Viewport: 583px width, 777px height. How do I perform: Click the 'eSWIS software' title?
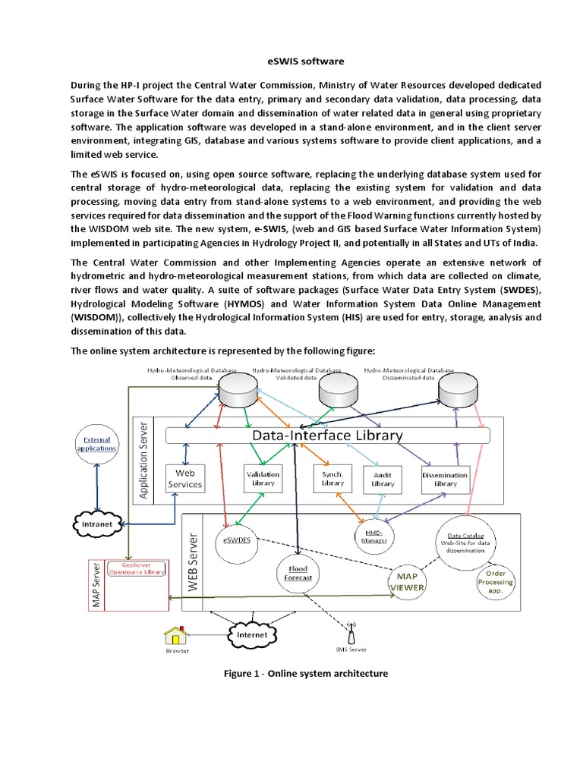[x=305, y=61]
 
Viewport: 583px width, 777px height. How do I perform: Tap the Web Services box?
[x=185, y=479]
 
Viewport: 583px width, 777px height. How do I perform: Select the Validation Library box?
[x=263, y=479]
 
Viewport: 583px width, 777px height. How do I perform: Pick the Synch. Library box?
[x=332, y=479]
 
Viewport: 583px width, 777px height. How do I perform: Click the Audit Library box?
[x=383, y=480]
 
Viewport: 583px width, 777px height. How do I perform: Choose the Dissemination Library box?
[x=445, y=480]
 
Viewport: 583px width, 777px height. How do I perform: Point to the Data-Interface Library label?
[x=327, y=436]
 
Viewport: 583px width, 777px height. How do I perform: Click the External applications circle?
[x=96, y=444]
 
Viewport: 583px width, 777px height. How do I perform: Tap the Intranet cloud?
[x=97, y=524]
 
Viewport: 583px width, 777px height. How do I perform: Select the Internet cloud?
[x=252, y=635]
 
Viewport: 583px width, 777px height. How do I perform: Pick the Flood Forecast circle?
[x=298, y=574]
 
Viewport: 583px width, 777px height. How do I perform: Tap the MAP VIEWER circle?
[x=407, y=582]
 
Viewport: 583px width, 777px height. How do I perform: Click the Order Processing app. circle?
[x=495, y=582]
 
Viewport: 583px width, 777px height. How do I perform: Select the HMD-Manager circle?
[x=374, y=536]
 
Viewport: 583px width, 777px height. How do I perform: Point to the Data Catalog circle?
[x=465, y=543]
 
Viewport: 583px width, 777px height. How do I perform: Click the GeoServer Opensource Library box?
[x=137, y=568]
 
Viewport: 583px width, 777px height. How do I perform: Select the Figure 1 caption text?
[x=306, y=674]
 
